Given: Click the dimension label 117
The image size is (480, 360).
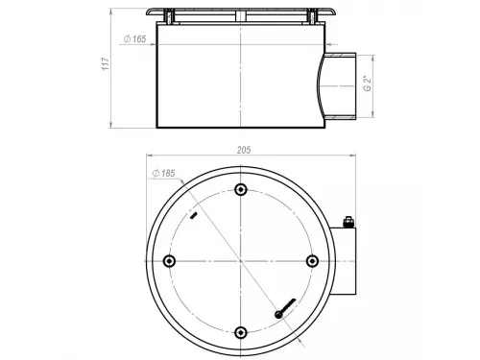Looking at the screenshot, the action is coord(106,64).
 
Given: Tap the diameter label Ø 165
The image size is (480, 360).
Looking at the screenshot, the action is coord(134,39).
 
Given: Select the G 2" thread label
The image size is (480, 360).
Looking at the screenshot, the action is coord(368,84).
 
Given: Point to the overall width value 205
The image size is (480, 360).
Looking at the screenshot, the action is coord(244,150).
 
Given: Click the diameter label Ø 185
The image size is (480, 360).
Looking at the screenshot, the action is coord(164,174).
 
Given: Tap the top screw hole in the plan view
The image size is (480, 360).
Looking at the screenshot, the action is coord(241,190).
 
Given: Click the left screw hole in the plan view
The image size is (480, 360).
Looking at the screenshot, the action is coord(169,261).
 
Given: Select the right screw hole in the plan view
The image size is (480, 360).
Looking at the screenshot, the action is coord(312,261).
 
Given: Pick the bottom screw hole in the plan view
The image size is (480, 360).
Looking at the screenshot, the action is coord(241,332).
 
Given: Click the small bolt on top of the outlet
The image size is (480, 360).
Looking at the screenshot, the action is coord(348,222).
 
